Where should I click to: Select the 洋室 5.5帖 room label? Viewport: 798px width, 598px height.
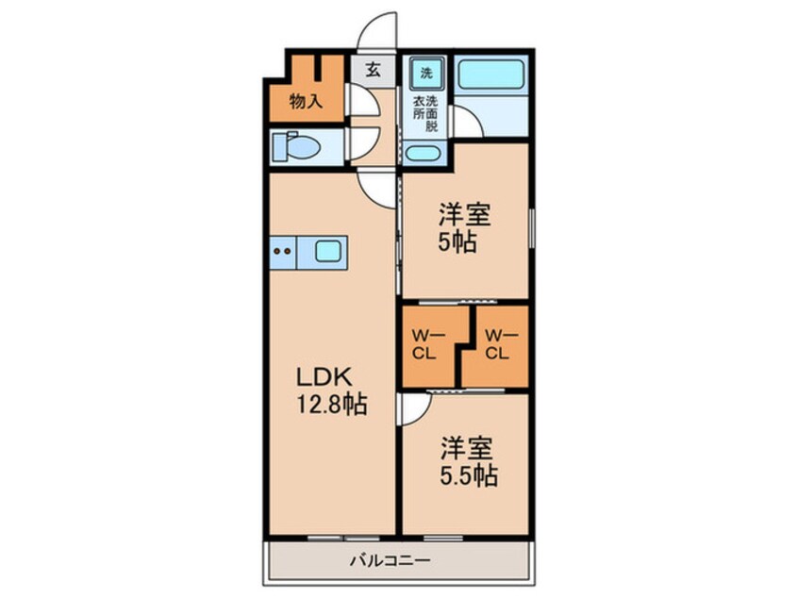466,461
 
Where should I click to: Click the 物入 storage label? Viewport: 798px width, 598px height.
306,101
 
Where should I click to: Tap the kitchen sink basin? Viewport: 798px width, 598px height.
328,252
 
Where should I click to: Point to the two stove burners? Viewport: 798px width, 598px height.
282,252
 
